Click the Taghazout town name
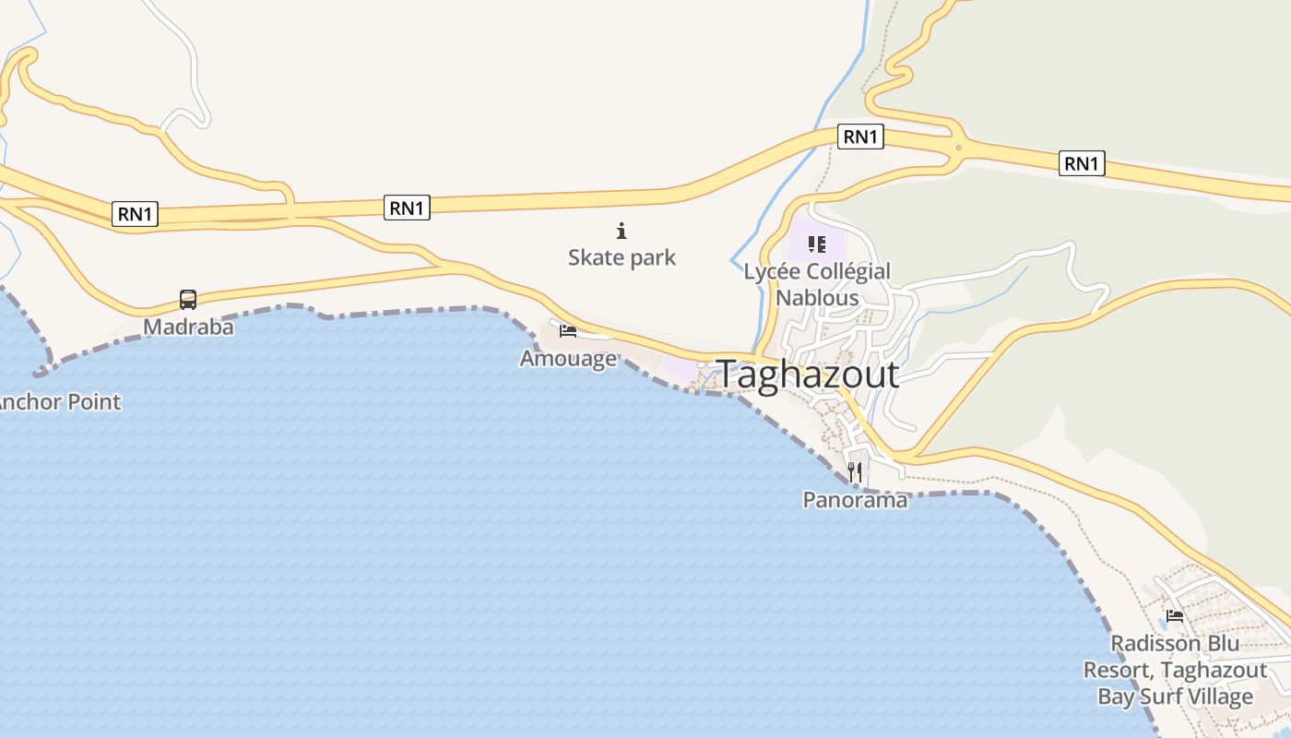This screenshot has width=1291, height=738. click(808, 375)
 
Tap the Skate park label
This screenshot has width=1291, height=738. click(622, 257)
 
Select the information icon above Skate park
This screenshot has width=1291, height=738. click(622, 231)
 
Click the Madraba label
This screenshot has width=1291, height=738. click(188, 327)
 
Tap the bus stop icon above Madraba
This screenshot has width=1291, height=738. click(188, 299)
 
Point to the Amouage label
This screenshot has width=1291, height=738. click(568, 358)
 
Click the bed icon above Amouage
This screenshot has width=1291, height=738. click(568, 330)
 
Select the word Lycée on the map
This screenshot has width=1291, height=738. click(773, 272)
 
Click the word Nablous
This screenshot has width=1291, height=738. click(817, 298)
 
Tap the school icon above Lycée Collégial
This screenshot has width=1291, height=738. click(816, 244)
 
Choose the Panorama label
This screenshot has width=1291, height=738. click(855, 500)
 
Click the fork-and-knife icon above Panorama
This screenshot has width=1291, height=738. click(855, 472)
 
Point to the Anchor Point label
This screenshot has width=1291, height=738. click(59, 402)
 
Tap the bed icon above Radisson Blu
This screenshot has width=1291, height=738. click(1175, 615)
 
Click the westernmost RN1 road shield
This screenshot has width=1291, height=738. click(136, 214)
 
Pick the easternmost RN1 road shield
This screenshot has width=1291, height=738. click(1082, 163)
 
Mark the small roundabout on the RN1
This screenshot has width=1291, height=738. click(959, 147)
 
